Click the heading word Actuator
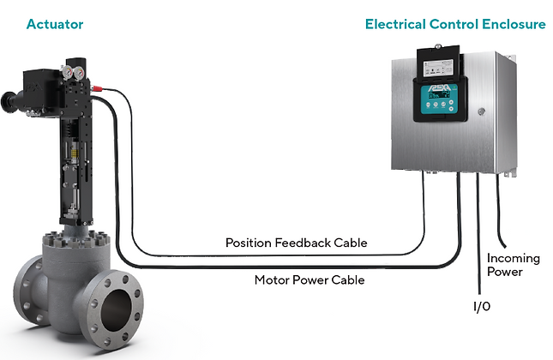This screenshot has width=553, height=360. (55, 24)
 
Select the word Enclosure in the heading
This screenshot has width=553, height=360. (514, 24)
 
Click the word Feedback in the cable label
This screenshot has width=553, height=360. (302, 243)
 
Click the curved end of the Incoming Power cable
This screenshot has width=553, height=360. (512, 242)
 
